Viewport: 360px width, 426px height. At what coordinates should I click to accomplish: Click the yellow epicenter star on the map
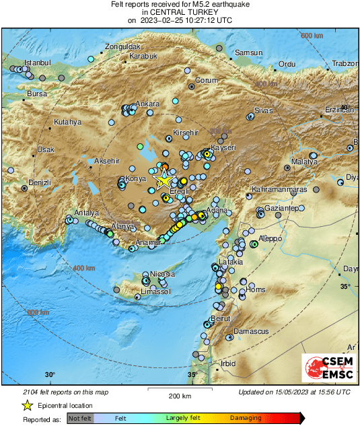[x=164, y=180]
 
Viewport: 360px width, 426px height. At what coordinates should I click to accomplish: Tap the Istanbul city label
[x=38, y=63]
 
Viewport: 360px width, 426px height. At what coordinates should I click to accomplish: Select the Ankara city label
[x=147, y=104]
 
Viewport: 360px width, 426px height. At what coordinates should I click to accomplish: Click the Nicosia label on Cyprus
[x=162, y=275]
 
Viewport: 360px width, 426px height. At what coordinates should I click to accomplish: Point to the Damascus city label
[x=251, y=332]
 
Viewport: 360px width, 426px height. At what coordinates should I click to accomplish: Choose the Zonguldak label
[x=120, y=47]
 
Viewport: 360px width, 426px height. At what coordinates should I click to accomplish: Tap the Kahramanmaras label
[x=279, y=190]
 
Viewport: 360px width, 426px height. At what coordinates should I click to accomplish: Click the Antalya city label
[x=86, y=213]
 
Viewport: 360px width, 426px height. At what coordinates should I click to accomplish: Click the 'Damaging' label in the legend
[x=246, y=418]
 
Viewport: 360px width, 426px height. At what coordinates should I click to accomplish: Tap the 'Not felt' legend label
[x=81, y=418]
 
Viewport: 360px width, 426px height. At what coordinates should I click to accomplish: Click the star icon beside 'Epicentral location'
[x=27, y=405]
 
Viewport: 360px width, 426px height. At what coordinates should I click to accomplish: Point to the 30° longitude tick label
[x=50, y=374]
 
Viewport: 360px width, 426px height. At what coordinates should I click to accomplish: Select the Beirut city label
[x=221, y=318]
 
